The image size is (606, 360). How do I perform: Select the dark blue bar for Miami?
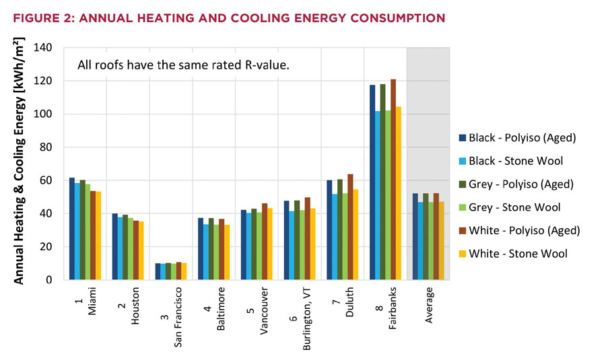coord(72,229)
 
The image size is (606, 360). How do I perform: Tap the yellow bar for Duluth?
coord(356,235)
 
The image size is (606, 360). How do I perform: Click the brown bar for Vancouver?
coord(264,242)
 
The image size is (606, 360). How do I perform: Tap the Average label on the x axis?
coord(432,306)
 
